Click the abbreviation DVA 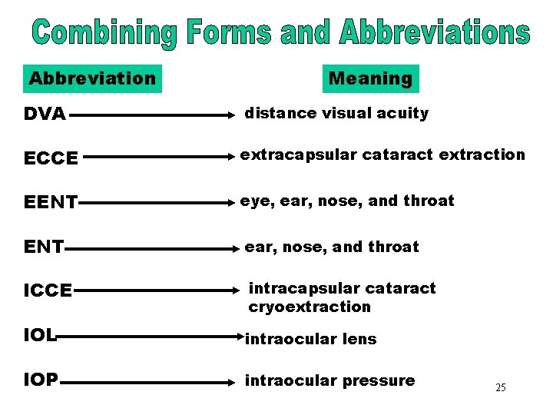coord(45,115)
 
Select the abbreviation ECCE coord(51,158)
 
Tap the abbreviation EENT coord(51,203)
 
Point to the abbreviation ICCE coord(48,291)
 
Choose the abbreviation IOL coord(40,336)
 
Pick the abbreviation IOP coord(41,380)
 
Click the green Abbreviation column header coord(92,78)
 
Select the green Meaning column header coord(370,78)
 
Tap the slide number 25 coord(500,387)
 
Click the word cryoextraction coord(310,307)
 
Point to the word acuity coord(404,114)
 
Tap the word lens coord(359,339)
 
